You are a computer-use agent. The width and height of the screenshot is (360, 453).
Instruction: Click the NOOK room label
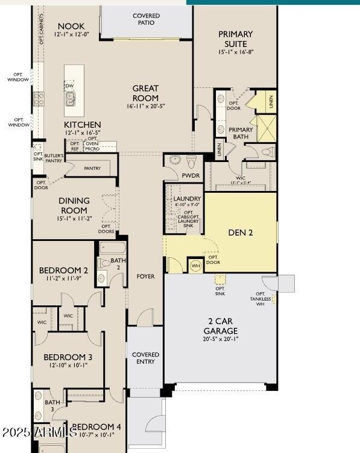71,27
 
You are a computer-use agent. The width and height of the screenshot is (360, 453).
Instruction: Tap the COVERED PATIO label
146,19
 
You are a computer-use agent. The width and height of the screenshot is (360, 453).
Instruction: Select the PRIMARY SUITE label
235,39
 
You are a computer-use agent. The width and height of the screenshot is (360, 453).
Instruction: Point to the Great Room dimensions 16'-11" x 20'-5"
146,106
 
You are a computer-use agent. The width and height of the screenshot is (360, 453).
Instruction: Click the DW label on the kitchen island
71,86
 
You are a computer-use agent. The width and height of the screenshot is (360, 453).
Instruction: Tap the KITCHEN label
83,125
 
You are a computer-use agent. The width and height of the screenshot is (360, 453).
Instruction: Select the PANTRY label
92,169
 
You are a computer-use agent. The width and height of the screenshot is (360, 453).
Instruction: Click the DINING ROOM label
74,205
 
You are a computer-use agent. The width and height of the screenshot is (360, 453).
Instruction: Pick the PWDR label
191,175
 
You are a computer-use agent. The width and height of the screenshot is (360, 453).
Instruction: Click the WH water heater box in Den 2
195,265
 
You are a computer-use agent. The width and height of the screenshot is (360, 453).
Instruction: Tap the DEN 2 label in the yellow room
240,233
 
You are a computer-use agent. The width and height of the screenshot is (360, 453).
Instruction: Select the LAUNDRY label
187,199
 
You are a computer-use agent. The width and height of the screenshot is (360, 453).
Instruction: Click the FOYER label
145,276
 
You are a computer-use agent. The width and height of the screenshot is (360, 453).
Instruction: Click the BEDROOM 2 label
63,270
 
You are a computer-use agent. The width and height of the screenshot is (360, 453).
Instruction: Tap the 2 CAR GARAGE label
220,326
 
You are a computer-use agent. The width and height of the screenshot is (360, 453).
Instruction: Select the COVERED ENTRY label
145,358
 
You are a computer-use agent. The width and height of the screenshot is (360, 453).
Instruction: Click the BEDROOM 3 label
68,357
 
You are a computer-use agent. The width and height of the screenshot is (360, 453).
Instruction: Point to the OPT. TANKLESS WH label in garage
261,298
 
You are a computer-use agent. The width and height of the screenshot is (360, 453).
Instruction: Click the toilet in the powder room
191,161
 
